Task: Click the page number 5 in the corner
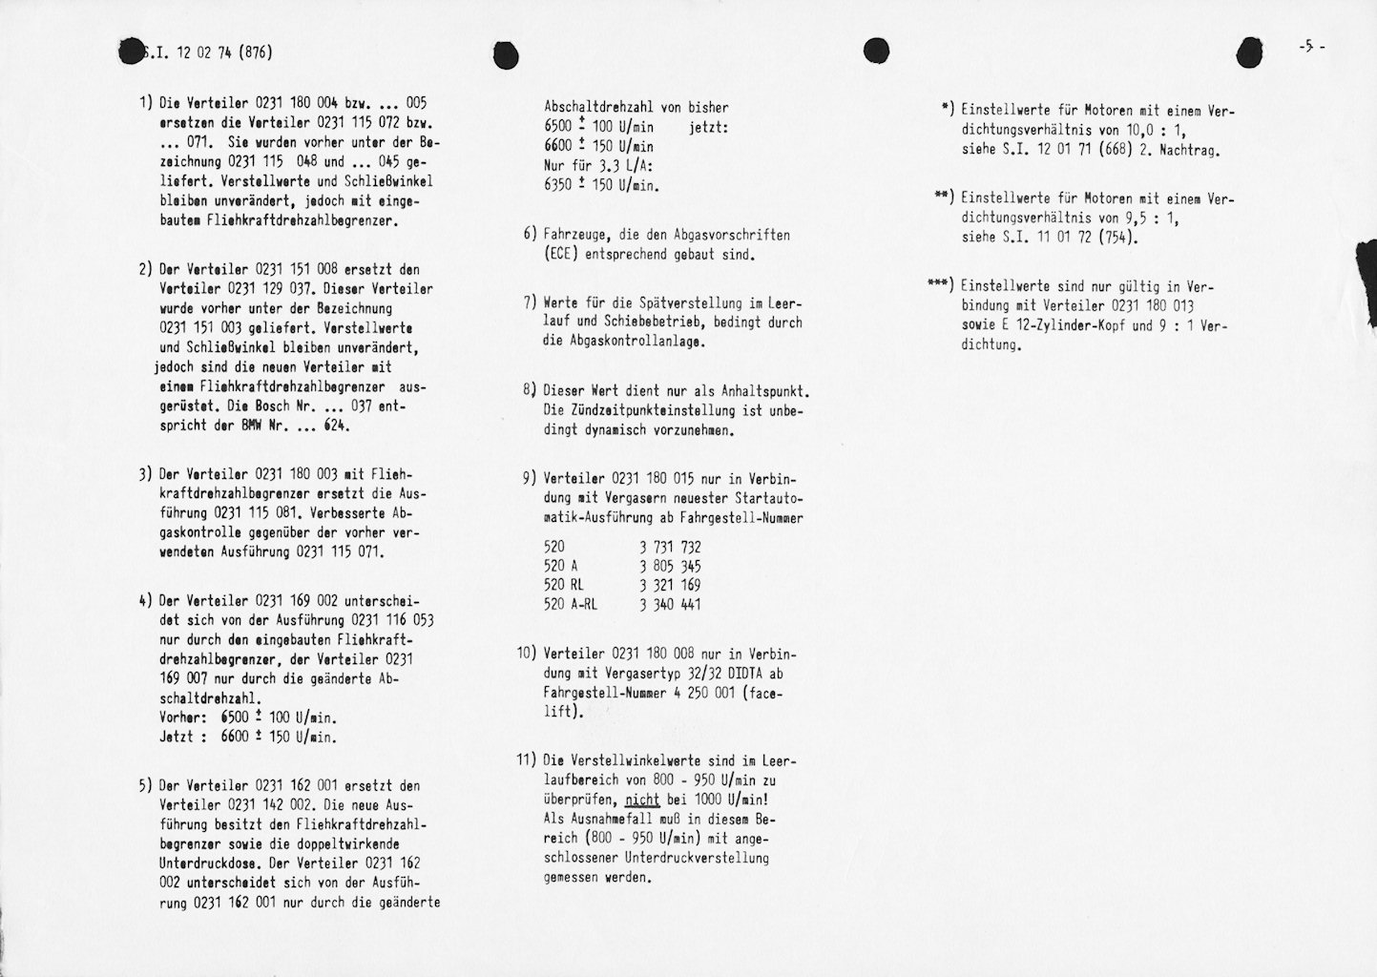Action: tap(1310, 47)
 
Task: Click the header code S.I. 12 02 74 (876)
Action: tap(205, 52)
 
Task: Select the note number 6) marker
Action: tap(530, 235)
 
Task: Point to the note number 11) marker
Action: tap(527, 761)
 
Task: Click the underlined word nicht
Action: tap(642, 800)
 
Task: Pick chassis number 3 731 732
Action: tap(670, 547)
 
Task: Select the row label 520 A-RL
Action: tap(570, 605)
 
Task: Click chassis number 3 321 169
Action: tap(670, 586)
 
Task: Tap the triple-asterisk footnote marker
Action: tap(939, 285)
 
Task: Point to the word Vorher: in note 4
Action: tap(181, 717)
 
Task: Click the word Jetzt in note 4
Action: tap(177, 737)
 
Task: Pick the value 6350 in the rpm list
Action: tap(558, 185)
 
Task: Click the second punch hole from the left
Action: tap(506, 56)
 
